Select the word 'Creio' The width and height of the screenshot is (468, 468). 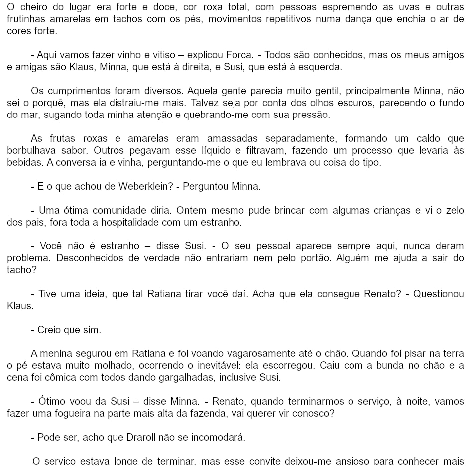click(x=49, y=330)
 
